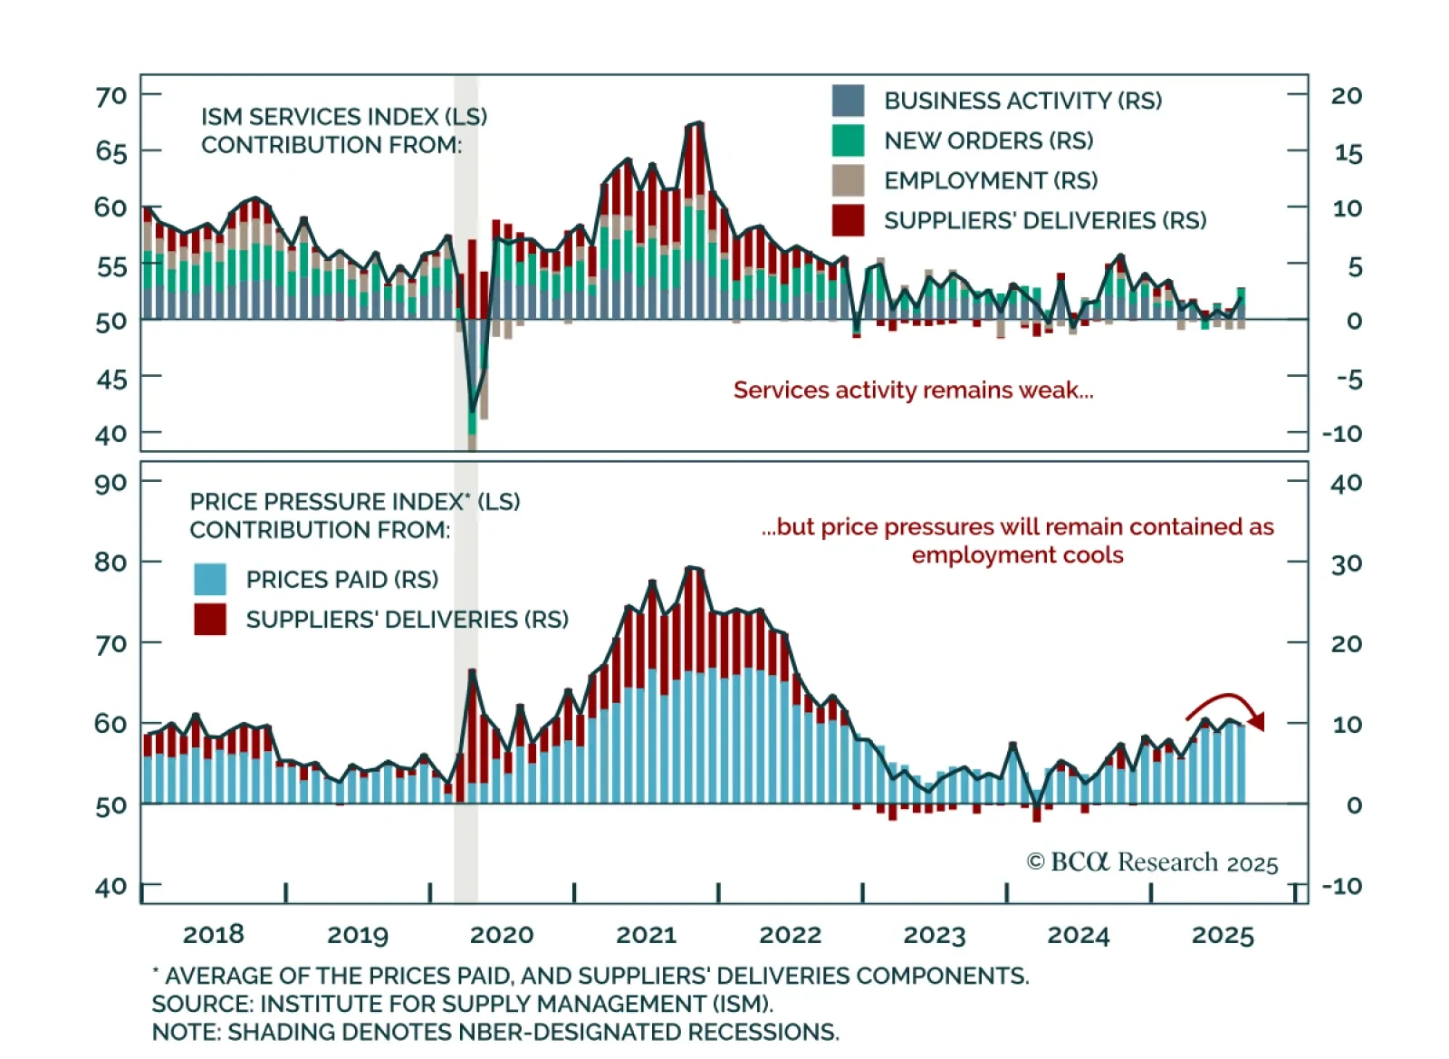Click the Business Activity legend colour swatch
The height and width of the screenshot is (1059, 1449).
(848, 101)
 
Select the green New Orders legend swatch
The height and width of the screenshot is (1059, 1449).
(848, 140)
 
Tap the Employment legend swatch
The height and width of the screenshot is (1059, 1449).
(848, 180)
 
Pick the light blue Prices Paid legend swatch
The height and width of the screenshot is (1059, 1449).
(210, 579)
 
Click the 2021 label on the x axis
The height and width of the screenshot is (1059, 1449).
(646, 935)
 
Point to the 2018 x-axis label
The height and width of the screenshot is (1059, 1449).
(213, 935)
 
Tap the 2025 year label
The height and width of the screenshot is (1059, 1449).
(1223, 935)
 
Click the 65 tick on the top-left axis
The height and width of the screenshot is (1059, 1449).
(111, 151)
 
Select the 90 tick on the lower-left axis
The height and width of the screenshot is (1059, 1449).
(110, 483)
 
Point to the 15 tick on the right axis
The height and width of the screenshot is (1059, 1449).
(1348, 153)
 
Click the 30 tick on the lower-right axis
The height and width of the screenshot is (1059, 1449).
(1347, 563)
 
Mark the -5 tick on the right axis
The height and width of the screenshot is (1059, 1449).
(1348, 379)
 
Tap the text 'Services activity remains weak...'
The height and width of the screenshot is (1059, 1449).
(913, 390)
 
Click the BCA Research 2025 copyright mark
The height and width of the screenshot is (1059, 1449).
(1152, 862)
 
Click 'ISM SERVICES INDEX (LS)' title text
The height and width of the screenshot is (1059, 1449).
(344, 117)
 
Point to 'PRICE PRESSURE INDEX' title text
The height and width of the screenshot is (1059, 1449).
(327, 502)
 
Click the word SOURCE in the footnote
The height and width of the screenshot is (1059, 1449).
(199, 1004)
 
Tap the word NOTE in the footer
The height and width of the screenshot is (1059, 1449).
(184, 1032)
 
